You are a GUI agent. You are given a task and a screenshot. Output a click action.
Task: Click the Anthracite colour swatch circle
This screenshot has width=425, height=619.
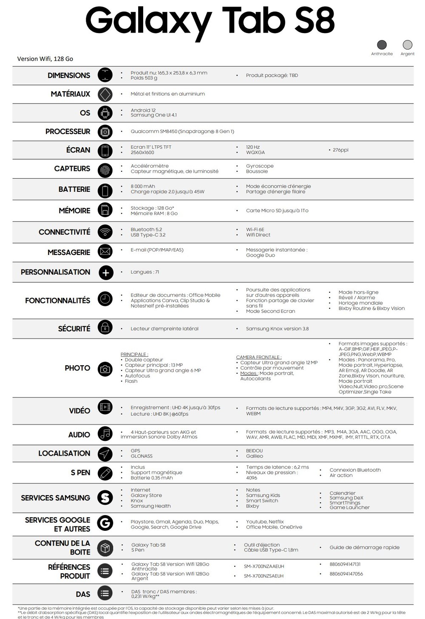(x=382, y=45)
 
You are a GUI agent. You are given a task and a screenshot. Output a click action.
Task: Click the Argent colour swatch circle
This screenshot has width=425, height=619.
(x=407, y=45)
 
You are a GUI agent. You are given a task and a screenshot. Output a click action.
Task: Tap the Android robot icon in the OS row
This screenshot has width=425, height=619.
(x=105, y=113)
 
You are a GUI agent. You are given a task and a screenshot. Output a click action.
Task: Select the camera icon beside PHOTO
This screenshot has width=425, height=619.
(x=105, y=369)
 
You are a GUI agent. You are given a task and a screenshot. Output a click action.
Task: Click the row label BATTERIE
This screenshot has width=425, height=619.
(x=74, y=189)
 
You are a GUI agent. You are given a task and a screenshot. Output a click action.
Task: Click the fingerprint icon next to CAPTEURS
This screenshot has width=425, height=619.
(x=105, y=170)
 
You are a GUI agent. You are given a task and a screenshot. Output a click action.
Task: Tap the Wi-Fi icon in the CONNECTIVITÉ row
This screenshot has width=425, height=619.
(x=105, y=232)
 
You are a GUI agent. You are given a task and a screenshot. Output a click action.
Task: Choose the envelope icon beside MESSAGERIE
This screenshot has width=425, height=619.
(x=105, y=252)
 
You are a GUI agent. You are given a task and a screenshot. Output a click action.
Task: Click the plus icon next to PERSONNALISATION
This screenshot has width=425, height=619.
(x=105, y=272)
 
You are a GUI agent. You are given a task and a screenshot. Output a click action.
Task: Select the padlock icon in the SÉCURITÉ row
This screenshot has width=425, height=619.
(x=105, y=328)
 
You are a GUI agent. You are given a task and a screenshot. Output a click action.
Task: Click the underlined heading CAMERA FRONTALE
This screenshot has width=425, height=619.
(x=258, y=357)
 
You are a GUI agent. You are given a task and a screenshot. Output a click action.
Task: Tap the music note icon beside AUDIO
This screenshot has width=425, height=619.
(x=105, y=434)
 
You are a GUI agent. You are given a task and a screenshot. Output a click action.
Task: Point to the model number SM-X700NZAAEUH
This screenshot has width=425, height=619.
(x=263, y=566)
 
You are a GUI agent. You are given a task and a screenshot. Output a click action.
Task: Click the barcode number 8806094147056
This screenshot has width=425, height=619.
(x=346, y=574)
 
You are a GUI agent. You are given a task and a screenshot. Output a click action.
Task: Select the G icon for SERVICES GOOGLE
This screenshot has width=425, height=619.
(x=105, y=523)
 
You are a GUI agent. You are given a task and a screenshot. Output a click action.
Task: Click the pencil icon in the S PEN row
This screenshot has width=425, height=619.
(x=105, y=473)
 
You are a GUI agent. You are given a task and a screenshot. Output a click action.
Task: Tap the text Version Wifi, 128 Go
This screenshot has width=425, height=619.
(x=45, y=59)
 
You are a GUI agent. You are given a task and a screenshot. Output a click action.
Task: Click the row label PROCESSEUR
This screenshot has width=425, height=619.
(x=68, y=132)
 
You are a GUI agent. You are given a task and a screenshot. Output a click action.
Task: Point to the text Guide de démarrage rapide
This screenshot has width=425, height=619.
(x=364, y=547)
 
